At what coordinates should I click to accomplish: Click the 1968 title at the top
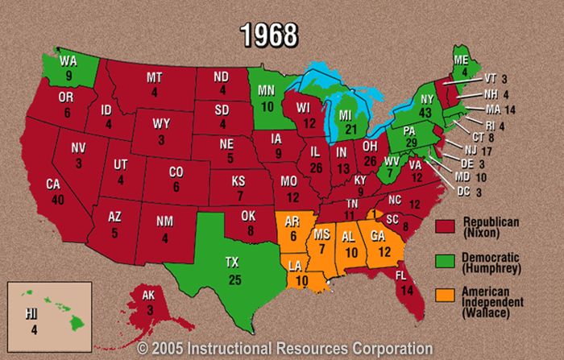[270, 35]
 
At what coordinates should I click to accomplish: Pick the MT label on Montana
[156, 77]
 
